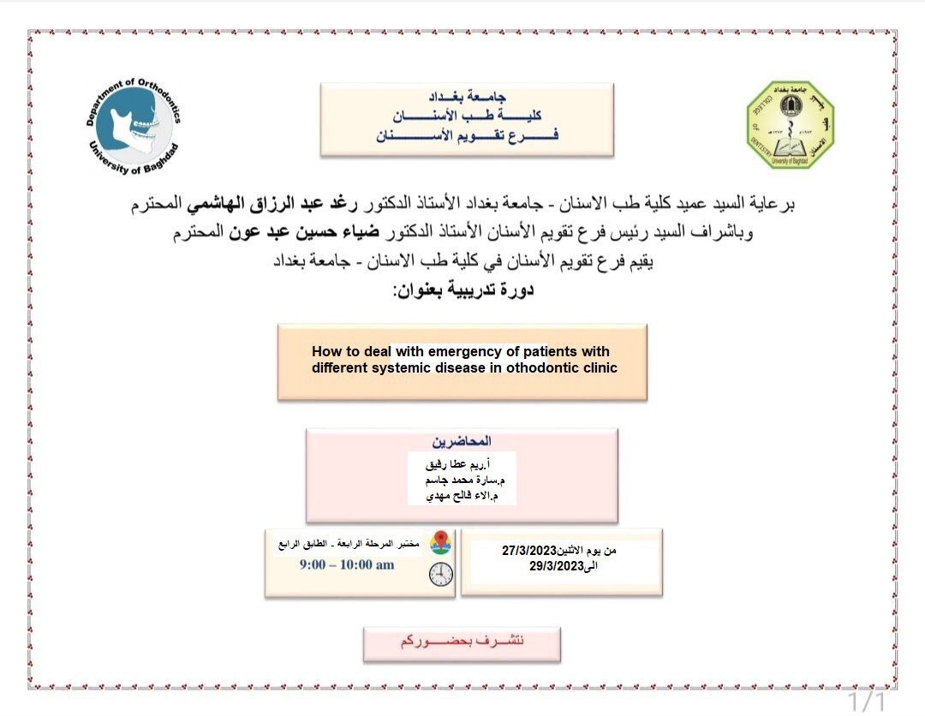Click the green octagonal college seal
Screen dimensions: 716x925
(790, 125)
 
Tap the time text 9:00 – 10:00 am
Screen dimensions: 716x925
(347, 565)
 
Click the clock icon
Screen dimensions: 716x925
(441, 574)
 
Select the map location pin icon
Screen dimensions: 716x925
(440, 543)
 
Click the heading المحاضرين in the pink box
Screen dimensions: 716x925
(462, 441)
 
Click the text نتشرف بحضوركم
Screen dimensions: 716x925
(462, 642)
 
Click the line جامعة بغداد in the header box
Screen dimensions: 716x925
(468, 97)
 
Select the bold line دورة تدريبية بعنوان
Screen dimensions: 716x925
(462, 290)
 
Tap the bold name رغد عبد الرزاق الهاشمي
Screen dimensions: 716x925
(439, 206)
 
